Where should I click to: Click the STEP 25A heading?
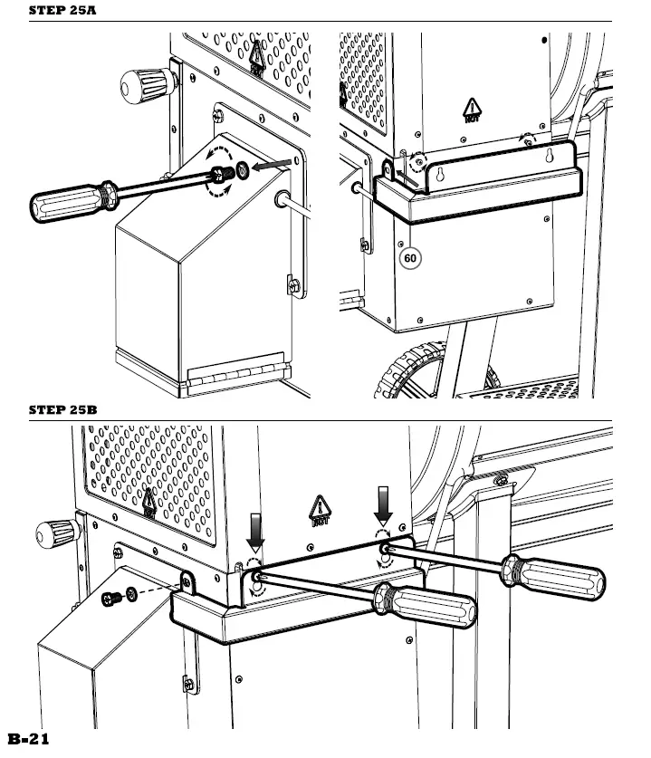point(62,11)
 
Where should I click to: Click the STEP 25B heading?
point(62,410)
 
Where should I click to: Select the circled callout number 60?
point(410,258)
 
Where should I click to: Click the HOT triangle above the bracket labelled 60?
point(472,110)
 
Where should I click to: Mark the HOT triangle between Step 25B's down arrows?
point(321,512)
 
